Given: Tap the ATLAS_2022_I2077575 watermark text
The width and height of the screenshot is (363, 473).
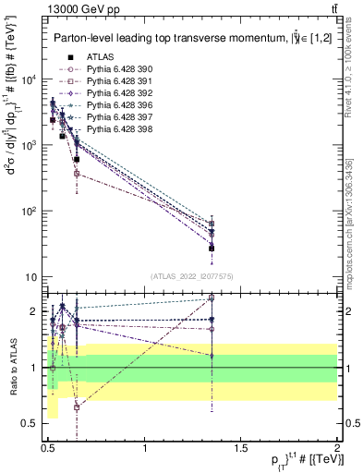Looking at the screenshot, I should click(191, 276).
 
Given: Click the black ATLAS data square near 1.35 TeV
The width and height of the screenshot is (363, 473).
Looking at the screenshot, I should click(212, 248).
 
